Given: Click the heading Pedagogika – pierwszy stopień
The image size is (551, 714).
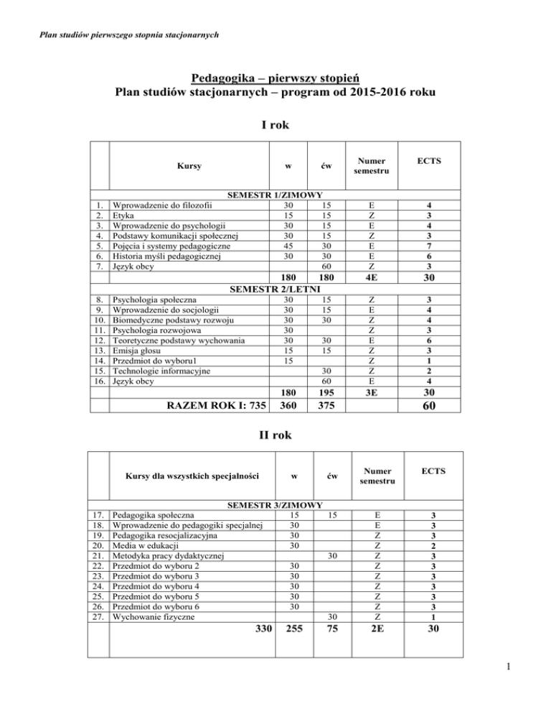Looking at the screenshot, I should point(275,77).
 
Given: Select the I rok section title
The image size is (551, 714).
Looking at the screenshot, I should point(275,126).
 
